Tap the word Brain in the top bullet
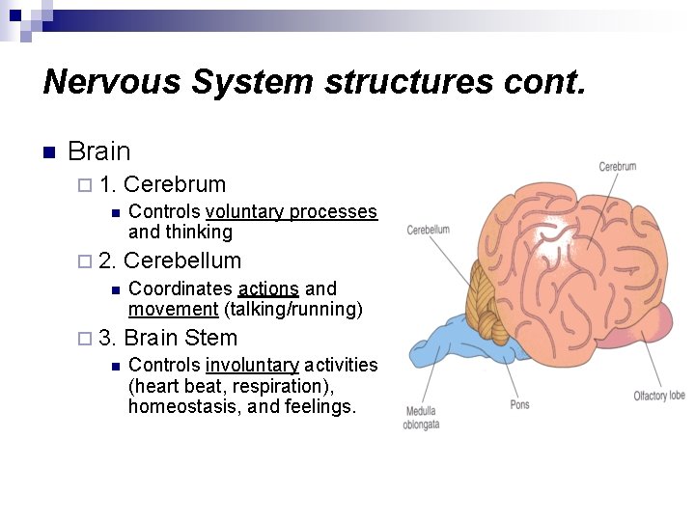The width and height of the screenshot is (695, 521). pos(99,151)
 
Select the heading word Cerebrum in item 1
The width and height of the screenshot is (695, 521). pos(175,184)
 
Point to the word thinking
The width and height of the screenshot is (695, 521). pos(200,232)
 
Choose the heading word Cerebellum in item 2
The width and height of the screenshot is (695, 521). pos(182,260)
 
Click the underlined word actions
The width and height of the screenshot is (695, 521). pos(268,288)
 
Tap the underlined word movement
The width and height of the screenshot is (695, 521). pos(173,309)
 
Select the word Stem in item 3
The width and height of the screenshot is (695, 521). pos(210,338)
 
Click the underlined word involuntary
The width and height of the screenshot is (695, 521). pos(252,365)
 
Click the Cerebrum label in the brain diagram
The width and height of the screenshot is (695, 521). pos(618,166)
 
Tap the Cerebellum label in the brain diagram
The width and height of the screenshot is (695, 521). pos(428,230)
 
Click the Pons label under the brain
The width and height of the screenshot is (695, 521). pos(519,404)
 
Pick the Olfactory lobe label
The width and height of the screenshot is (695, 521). pos(659,396)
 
